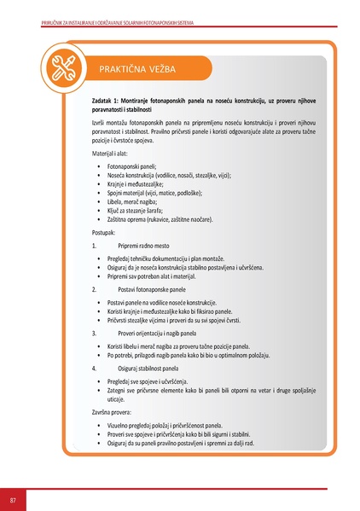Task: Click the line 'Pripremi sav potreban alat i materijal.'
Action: (x=164, y=276)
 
